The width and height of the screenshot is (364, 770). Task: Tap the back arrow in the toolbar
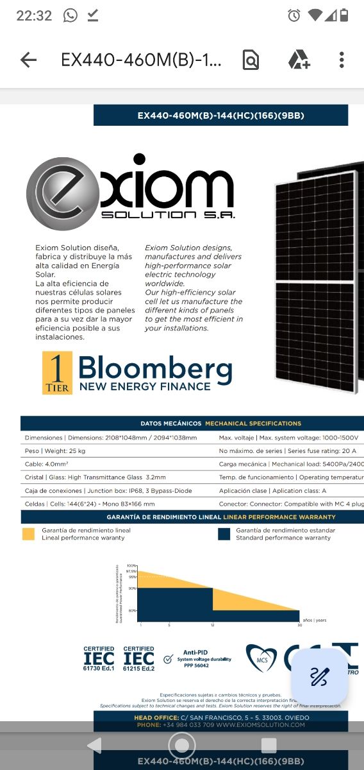(28, 60)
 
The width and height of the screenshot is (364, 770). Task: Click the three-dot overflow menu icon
(342, 60)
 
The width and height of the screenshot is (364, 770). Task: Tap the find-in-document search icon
(251, 60)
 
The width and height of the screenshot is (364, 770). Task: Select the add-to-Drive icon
(299, 60)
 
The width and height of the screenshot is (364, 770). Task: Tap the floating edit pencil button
(319, 676)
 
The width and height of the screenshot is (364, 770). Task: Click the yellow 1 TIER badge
(57, 373)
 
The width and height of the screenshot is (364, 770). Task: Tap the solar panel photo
(318, 282)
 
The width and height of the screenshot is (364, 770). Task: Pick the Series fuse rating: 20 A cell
(288, 451)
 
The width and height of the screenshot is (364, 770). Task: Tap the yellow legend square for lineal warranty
(29, 534)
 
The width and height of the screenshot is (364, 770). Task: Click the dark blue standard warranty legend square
(224, 534)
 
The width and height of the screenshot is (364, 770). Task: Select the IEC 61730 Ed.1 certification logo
(99, 658)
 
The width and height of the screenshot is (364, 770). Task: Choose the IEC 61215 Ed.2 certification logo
(138, 658)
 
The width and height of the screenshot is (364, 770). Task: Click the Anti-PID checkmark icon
(168, 659)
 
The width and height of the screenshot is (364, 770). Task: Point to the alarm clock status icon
(294, 15)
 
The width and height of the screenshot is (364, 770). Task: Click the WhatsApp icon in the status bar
(70, 15)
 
